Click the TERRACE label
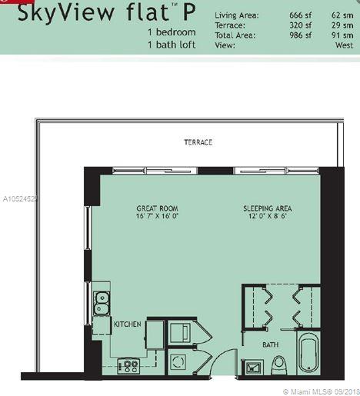(x=198, y=142)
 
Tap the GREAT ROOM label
(x=157, y=208)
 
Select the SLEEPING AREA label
(x=267, y=208)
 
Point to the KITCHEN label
(x=128, y=324)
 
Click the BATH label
(x=271, y=344)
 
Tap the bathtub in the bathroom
(x=308, y=354)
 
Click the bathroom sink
(x=253, y=368)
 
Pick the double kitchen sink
(x=102, y=303)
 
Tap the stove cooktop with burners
(x=128, y=366)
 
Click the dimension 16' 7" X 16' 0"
(x=157, y=216)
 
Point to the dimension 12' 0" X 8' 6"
(x=267, y=216)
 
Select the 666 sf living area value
(x=300, y=15)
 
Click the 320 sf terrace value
(x=300, y=25)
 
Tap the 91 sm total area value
(x=342, y=35)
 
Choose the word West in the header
(x=344, y=45)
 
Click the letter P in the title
(x=189, y=12)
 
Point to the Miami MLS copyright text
(x=322, y=392)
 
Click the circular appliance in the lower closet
(x=178, y=362)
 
